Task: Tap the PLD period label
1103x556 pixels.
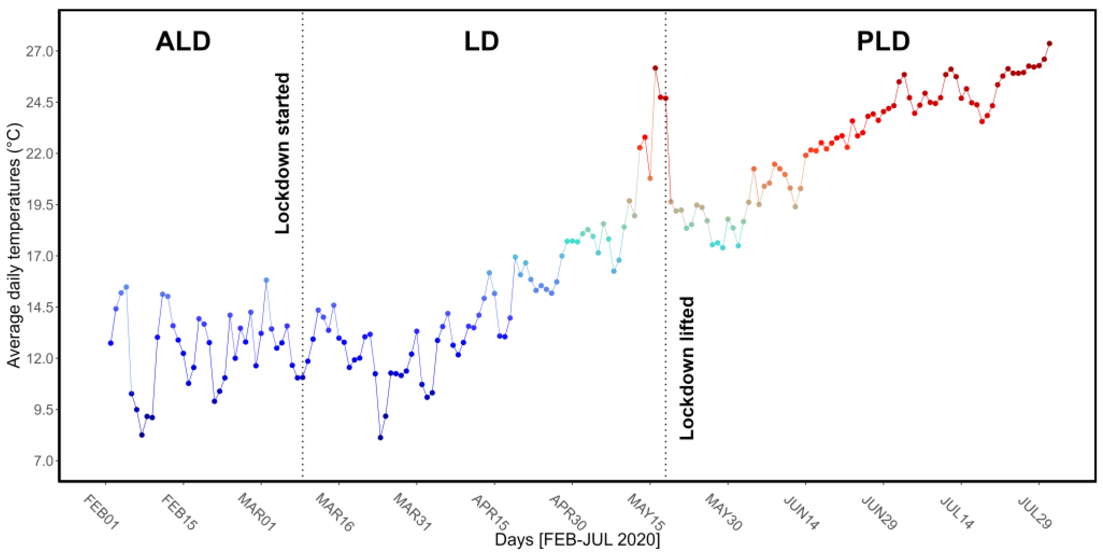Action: (883, 42)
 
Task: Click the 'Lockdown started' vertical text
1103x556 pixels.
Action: (283, 153)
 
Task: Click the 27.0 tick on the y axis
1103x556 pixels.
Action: (39, 51)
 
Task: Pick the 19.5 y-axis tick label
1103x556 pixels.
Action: (39, 205)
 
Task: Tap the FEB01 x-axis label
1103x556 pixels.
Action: (100, 512)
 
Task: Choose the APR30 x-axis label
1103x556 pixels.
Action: (568, 512)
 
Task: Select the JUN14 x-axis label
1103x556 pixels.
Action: (801, 512)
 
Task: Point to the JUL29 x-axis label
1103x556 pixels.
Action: (1035, 512)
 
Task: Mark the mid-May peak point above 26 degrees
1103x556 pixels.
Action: (655, 68)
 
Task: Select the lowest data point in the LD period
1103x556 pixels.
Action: (380, 437)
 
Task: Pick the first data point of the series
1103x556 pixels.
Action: (111, 343)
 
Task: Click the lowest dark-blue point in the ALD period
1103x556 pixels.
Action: (142, 435)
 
